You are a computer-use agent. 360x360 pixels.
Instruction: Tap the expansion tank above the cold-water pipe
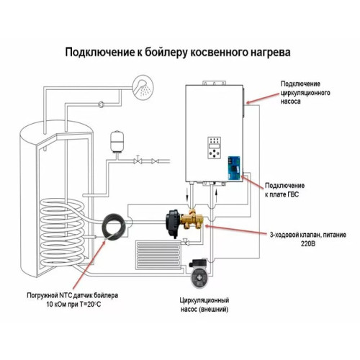[x=117, y=139]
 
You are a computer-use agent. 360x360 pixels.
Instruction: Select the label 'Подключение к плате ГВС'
[x=292, y=189]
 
